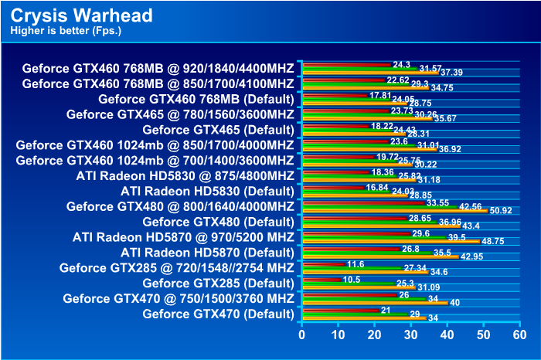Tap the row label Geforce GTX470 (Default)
pyautogui.click(x=219, y=314)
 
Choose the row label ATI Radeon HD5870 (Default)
pyautogui.click(x=207, y=252)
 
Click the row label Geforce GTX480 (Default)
pyautogui.click(x=219, y=221)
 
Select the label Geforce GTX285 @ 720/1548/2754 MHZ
pyautogui.click(x=177, y=267)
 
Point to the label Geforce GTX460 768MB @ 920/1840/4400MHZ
pyautogui.click(x=158, y=67)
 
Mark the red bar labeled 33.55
pyautogui.click(x=362, y=202)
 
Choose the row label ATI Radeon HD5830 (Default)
pyautogui.click(x=207, y=190)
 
